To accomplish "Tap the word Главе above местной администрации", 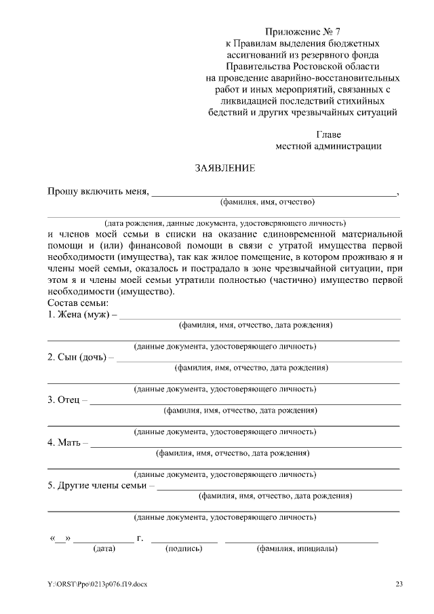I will point(329,134).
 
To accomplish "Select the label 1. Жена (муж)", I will point(81,314).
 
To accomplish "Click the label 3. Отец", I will point(67,400).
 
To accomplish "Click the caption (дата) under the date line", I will point(104,549).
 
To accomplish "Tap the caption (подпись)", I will point(184,549).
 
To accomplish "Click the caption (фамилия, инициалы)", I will point(296,549).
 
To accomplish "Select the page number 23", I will point(399,584).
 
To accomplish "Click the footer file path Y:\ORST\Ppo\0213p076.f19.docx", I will point(96,584).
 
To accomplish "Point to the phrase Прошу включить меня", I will point(98,192).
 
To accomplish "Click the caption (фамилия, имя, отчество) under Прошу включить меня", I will point(267,202).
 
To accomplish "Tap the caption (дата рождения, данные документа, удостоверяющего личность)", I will point(224,223).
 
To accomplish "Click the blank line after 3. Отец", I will point(245,404).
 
